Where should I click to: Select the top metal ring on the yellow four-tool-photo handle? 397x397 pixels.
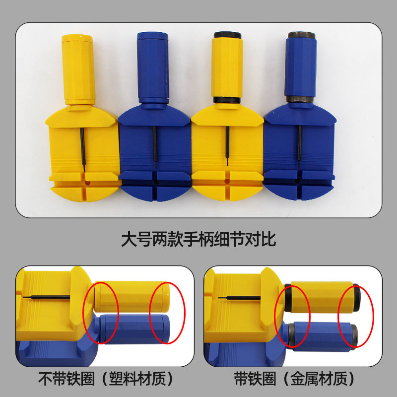coord(227,36)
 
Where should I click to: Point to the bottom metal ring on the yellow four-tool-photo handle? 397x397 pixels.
coord(227,100)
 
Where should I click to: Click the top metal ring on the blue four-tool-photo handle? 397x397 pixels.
coord(301,36)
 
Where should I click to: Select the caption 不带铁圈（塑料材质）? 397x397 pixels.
coord(106,379)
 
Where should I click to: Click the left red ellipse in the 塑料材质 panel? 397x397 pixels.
coord(101,313)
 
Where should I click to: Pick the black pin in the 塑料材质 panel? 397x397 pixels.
coord(47,297)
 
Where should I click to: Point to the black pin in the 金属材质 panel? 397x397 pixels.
coord(241,298)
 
